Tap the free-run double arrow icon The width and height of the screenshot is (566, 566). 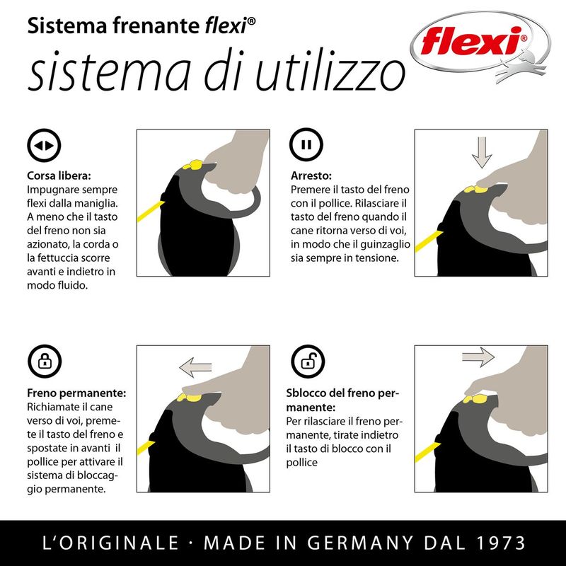click(44, 145)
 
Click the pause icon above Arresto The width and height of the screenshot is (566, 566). click(306, 145)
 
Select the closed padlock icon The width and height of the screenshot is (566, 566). click(45, 362)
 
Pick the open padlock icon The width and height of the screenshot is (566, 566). click(308, 362)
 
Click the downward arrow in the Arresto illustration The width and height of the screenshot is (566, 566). click(482, 153)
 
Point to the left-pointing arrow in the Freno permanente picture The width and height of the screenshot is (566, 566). click(195, 367)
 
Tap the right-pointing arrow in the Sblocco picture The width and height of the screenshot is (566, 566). click(478, 357)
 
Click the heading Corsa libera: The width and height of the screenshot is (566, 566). click(59, 175)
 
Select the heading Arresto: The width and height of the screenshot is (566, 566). click(311, 175)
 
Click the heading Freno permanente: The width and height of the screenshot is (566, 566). click(76, 393)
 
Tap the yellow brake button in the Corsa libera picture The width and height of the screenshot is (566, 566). click(193, 165)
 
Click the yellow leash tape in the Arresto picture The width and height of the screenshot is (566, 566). click(429, 241)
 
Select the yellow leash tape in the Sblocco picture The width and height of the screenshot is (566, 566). click(428, 452)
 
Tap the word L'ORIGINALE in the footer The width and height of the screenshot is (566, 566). click(110, 543)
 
